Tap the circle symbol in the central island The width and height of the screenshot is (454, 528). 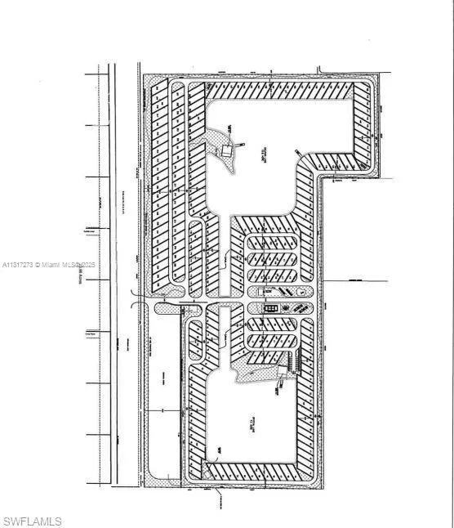pyautogui.click(x=303, y=292)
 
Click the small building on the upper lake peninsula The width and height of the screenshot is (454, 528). pyautogui.click(x=227, y=150)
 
